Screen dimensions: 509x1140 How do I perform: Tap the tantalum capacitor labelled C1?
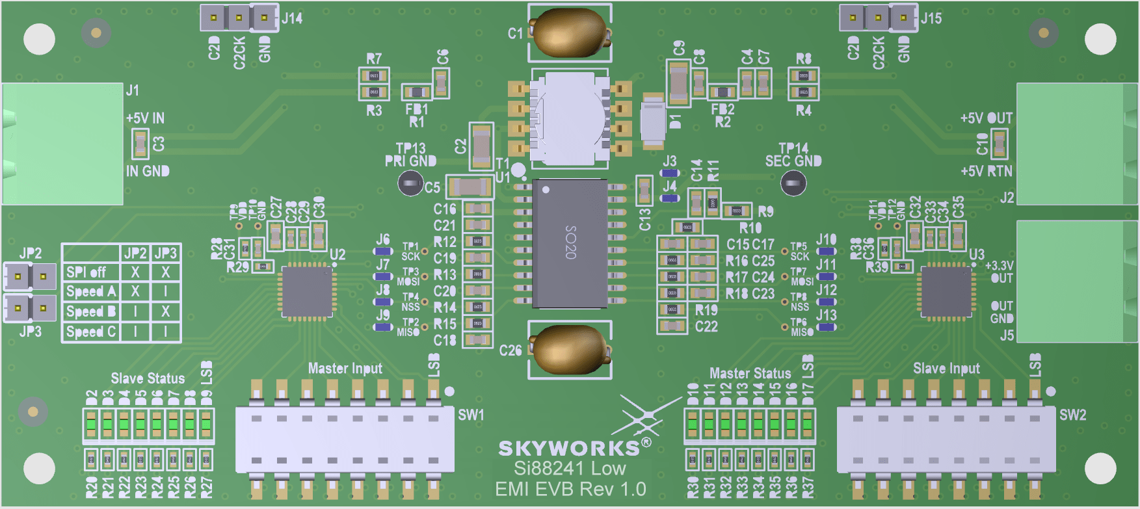(570, 32)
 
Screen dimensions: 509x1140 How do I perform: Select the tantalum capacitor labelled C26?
(570, 350)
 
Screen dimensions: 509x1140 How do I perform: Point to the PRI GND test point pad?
(410, 184)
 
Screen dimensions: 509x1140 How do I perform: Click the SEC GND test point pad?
(793, 184)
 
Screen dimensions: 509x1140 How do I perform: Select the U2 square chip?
(307, 292)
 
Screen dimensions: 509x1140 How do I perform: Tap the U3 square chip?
(947, 292)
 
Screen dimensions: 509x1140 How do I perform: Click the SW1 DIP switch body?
(345, 439)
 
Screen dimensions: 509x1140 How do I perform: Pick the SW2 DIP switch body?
(946, 439)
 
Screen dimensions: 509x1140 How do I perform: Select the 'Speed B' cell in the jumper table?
(91, 311)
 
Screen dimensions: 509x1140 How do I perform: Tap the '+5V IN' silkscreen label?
(145, 118)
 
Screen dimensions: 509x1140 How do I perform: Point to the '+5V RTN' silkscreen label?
(987, 172)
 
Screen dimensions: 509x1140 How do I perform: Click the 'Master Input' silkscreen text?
(345, 369)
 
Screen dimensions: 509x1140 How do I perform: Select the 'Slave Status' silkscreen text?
(148, 378)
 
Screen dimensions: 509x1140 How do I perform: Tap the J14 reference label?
(292, 18)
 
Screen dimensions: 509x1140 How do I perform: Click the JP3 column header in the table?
(166, 253)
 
